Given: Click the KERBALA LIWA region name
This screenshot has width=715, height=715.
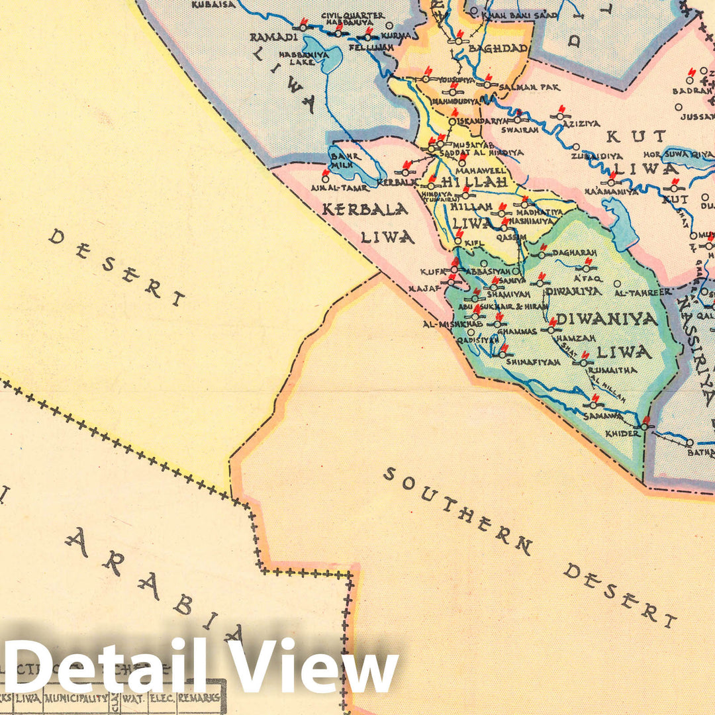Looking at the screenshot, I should pyautogui.click(x=365, y=222).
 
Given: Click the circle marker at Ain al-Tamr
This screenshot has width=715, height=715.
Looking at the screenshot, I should pyautogui.click(x=325, y=178).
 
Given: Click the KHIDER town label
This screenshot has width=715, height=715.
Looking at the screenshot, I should pyautogui.click(x=622, y=433).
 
